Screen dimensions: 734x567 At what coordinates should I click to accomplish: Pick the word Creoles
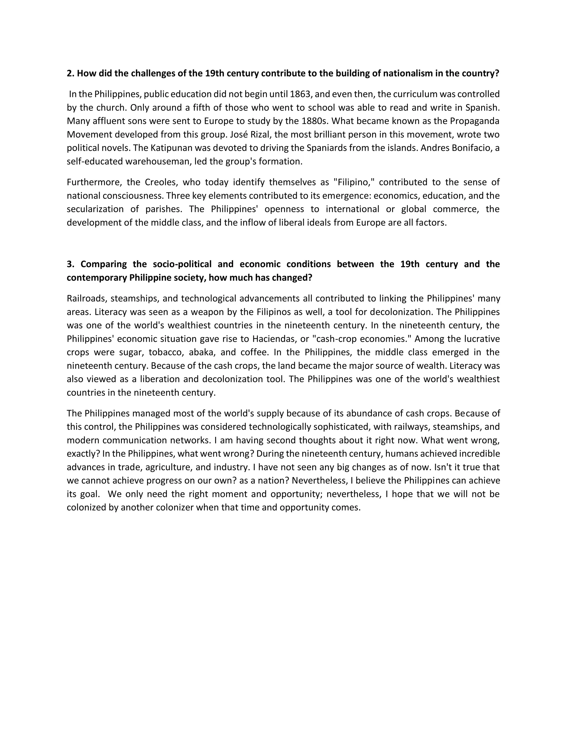pyautogui.click(x=159, y=182)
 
